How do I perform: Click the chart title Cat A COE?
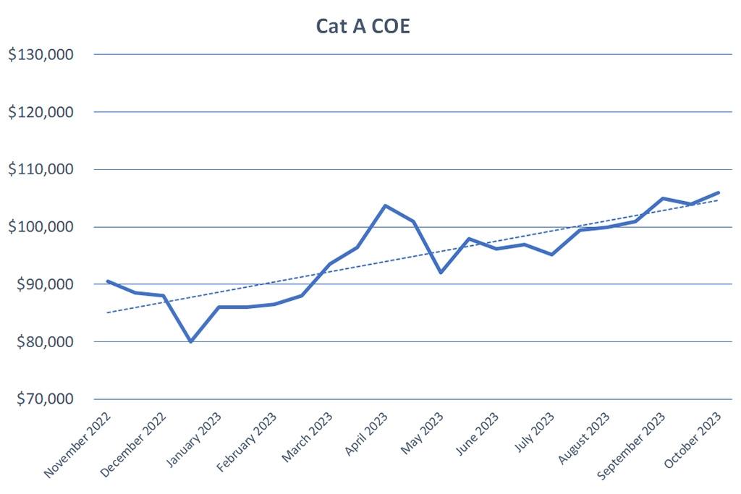(x=363, y=27)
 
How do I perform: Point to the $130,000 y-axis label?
(x=41, y=55)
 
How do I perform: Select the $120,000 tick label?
(x=41, y=112)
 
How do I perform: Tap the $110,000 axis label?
(x=41, y=169)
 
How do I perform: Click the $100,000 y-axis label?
(x=41, y=227)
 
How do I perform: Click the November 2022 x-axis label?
(x=78, y=446)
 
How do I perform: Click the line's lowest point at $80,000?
(x=191, y=341)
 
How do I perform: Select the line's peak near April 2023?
(x=385, y=205)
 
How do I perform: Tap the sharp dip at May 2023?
(x=441, y=273)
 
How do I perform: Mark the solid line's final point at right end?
(x=718, y=192)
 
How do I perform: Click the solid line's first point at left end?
(x=107, y=281)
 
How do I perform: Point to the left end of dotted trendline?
(x=107, y=312)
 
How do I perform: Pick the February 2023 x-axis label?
(x=247, y=443)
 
